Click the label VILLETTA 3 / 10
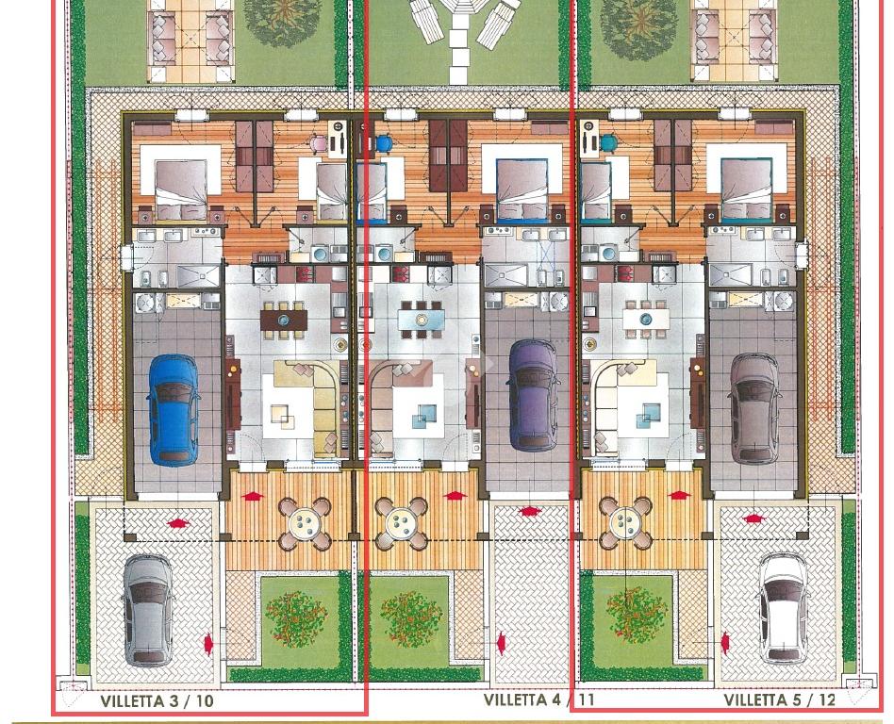point(157,700)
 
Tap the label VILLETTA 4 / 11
point(539,699)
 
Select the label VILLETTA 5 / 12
point(780,699)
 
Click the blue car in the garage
point(174,410)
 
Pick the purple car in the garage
point(534,396)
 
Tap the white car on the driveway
point(784,608)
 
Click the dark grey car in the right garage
point(755,409)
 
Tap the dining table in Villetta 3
point(284,320)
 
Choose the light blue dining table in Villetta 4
point(422,320)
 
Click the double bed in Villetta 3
point(181,189)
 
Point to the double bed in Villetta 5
point(746,189)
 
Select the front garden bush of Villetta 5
point(637,615)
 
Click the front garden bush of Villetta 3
point(296,618)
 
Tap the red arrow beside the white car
point(726,643)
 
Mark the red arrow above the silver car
point(178,522)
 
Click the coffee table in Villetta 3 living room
point(283,415)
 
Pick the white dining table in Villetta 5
point(646,320)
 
